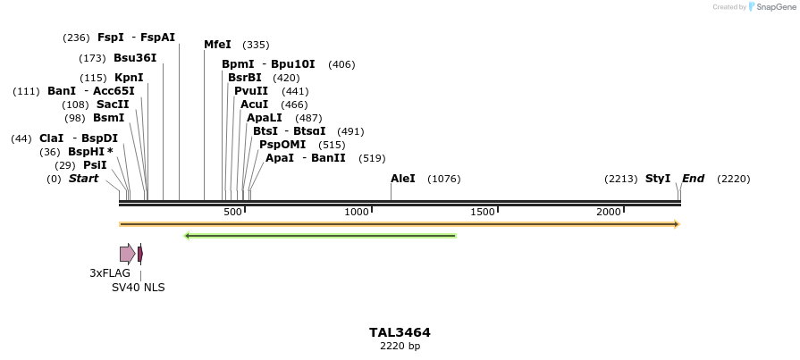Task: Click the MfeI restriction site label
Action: (x=217, y=45)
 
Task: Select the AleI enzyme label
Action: (x=403, y=179)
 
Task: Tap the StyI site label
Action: (x=658, y=179)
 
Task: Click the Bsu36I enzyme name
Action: (x=135, y=58)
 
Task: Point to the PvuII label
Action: (x=251, y=91)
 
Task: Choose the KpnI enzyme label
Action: (x=129, y=78)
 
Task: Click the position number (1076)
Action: (x=444, y=179)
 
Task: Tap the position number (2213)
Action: (x=620, y=179)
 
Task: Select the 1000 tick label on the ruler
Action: (x=357, y=212)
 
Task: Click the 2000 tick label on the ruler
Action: (x=609, y=212)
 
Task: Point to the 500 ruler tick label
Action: (x=232, y=212)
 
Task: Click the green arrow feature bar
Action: (x=320, y=236)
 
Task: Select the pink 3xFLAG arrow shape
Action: (x=127, y=254)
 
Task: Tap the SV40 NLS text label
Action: (x=139, y=288)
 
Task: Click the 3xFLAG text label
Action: (x=110, y=273)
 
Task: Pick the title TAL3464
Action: (x=400, y=332)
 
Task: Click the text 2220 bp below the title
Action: (x=400, y=346)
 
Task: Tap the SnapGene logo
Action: (x=771, y=7)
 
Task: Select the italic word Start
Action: (x=83, y=179)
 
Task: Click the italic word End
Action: (x=693, y=179)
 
